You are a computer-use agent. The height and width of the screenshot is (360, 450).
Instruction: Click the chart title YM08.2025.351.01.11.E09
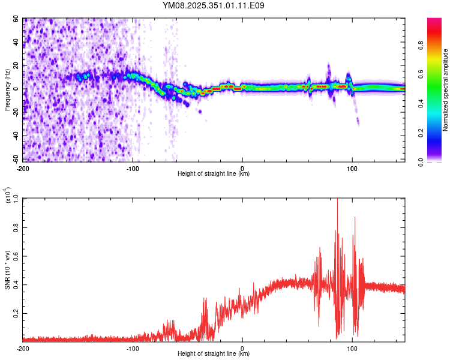pyautogui.click(x=214, y=5)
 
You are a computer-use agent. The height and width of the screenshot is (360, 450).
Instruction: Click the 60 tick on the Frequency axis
pyautogui.click(x=17, y=19)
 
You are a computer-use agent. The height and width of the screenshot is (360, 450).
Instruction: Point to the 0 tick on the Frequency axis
pyautogui.click(x=19, y=89)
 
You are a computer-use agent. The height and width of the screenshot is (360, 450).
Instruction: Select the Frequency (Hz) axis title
pyautogui.click(x=7, y=89)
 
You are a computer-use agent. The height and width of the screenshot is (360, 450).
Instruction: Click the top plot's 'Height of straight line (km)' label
pyautogui.click(x=214, y=173)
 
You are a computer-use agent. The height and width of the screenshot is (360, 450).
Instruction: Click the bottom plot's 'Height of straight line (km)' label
pyautogui.click(x=214, y=353)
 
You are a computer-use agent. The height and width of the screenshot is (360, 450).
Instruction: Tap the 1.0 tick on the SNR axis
pyautogui.click(x=16, y=199)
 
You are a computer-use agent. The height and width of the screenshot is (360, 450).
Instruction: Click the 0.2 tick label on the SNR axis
pyautogui.click(x=16, y=313)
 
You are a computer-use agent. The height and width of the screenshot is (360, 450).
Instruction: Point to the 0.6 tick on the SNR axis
pyautogui.click(x=16, y=256)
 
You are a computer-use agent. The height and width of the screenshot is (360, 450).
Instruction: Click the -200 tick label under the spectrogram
pyautogui.click(x=23, y=167)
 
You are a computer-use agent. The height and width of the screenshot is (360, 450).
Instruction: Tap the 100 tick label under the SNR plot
pyautogui.click(x=352, y=347)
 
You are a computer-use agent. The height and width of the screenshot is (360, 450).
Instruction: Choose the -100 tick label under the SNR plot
pyautogui.click(x=133, y=347)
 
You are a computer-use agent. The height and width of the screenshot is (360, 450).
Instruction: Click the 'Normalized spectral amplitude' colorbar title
pyautogui.click(x=446, y=90)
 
